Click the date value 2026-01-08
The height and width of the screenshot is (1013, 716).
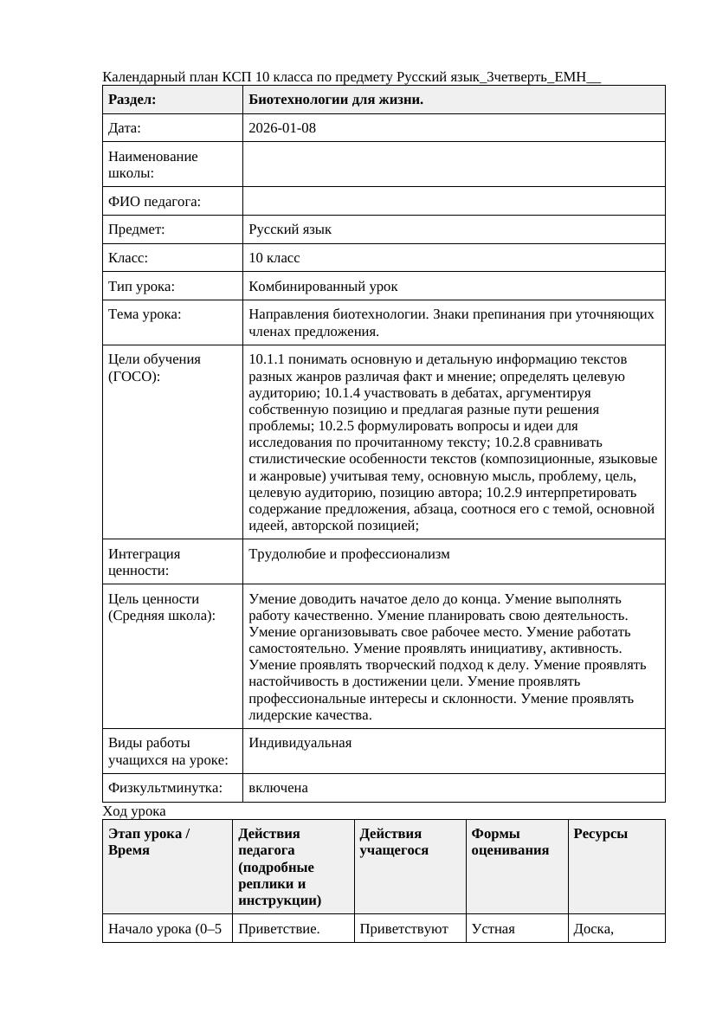pyautogui.click(x=282, y=128)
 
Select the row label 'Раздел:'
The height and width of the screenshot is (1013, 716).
pyautogui.click(x=132, y=100)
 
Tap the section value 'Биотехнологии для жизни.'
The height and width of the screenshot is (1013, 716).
pyautogui.click(x=336, y=100)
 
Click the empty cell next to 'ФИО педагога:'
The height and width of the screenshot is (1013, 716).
pyautogui.click(x=454, y=201)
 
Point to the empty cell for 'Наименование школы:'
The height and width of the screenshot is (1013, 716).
pyautogui.click(x=454, y=165)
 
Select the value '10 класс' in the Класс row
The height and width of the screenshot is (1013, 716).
pyautogui.click(x=274, y=258)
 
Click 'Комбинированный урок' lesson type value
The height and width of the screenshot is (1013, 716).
pyautogui.click(x=323, y=286)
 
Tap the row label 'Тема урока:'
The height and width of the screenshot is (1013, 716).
pyautogui.click(x=145, y=314)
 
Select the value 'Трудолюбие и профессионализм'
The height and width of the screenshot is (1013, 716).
pyautogui.click(x=349, y=553)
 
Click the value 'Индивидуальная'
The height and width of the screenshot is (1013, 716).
pyautogui.click(x=300, y=742)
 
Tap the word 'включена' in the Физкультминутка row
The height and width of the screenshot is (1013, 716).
pyautogui.click(x=278, y=788)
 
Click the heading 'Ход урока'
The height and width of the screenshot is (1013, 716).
pyautogui.click(x=134, y=811)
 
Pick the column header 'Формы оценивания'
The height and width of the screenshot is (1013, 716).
pyautogui.click(x=510, y=842)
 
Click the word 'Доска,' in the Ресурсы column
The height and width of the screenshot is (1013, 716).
pyautogui.click(x=594, y=929)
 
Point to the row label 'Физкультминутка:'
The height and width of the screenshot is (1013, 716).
pyautogui.click(x=164, y=788)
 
